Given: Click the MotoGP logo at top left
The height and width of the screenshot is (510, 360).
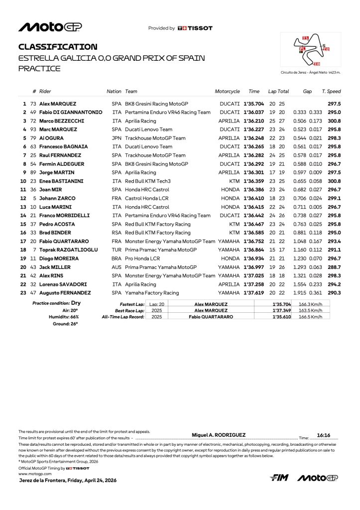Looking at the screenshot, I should [50, 27].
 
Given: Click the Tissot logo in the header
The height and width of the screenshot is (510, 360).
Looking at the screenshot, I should [195, 28].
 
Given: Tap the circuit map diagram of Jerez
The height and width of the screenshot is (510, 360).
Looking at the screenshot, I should [311, 50].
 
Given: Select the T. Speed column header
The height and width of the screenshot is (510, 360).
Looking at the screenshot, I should [331, 92].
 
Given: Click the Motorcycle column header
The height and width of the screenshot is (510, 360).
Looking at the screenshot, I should [227, 92].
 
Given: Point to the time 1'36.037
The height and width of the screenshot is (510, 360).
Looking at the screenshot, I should [253, 112].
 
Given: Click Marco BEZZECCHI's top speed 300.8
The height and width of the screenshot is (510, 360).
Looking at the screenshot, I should [334, 121].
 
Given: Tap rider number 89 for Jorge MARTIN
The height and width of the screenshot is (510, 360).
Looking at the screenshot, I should [34, 172].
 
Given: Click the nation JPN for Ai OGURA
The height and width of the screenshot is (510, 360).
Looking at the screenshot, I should [117, 138].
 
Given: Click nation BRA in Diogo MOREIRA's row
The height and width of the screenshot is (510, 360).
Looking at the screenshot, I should [117, 258].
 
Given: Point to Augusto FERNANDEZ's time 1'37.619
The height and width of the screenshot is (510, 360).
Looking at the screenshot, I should [253, 293].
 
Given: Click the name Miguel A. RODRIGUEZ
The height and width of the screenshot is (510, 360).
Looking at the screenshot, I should [219, 435].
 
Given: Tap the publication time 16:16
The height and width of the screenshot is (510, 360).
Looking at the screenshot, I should [324, 435].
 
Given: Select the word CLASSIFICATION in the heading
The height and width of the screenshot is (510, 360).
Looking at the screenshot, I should [58, 47].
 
